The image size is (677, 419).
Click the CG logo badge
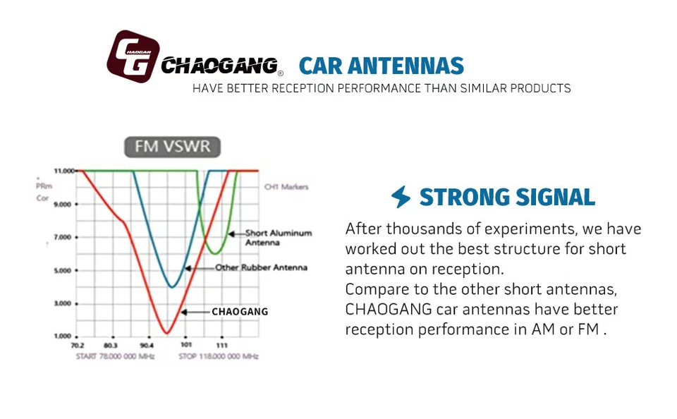coord(133,56)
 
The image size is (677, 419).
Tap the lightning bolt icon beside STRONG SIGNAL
coord(401,197)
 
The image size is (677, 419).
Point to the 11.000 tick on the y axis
coord(63,171)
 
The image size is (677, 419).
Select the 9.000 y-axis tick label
coord(63,204)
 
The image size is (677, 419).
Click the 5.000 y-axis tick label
coord(63,270)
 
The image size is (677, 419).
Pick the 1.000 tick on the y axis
coord(63,336)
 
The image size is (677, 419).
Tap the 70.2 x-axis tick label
coord(78,346)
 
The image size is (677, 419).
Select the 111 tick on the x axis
coord(221,346)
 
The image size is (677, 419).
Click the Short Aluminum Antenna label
coord(278,238)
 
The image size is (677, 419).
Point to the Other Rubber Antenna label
coord(261,268)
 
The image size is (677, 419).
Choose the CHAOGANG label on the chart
coord(240,311)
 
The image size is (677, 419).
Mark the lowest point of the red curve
coord(166,332)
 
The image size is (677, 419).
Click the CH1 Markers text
coord(286,187)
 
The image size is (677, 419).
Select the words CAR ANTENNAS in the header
coord(382,66)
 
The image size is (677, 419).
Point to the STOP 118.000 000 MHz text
coord(219,356)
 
